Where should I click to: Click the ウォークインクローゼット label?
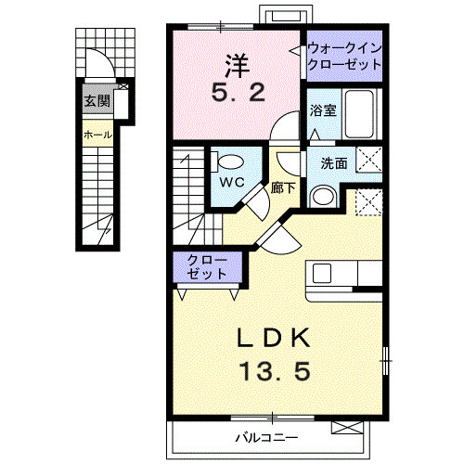344,56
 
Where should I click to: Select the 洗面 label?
334,162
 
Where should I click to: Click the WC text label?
231,182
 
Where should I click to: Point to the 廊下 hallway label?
283,187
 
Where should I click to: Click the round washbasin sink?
322,196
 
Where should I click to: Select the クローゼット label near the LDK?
206,267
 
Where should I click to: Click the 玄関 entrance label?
97,101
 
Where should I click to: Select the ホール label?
97,135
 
